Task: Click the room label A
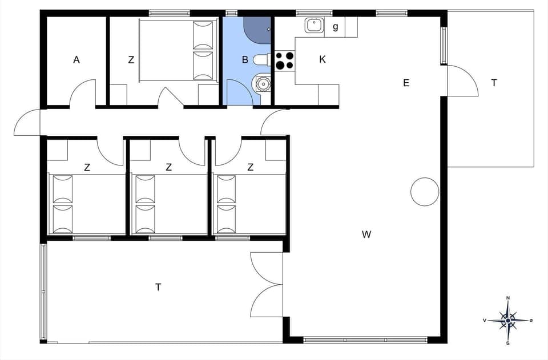pos(76,59)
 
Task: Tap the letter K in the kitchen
pos(323,59)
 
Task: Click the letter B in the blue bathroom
pos(244,59)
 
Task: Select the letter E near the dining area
pos(406,83)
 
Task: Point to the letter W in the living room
pos(366,234)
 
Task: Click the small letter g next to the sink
pos(336,26)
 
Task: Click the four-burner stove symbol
pos(285,60)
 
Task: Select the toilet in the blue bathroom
pos(261,59)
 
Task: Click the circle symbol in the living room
pos(425,192)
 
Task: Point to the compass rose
pos(507,320)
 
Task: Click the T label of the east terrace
pos(494,83)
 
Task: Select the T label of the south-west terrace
pos(158,287)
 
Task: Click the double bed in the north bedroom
pos(179,50)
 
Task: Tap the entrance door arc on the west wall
pos(26,123)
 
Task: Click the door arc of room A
pos(83,93)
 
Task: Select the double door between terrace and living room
pos(267,284)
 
